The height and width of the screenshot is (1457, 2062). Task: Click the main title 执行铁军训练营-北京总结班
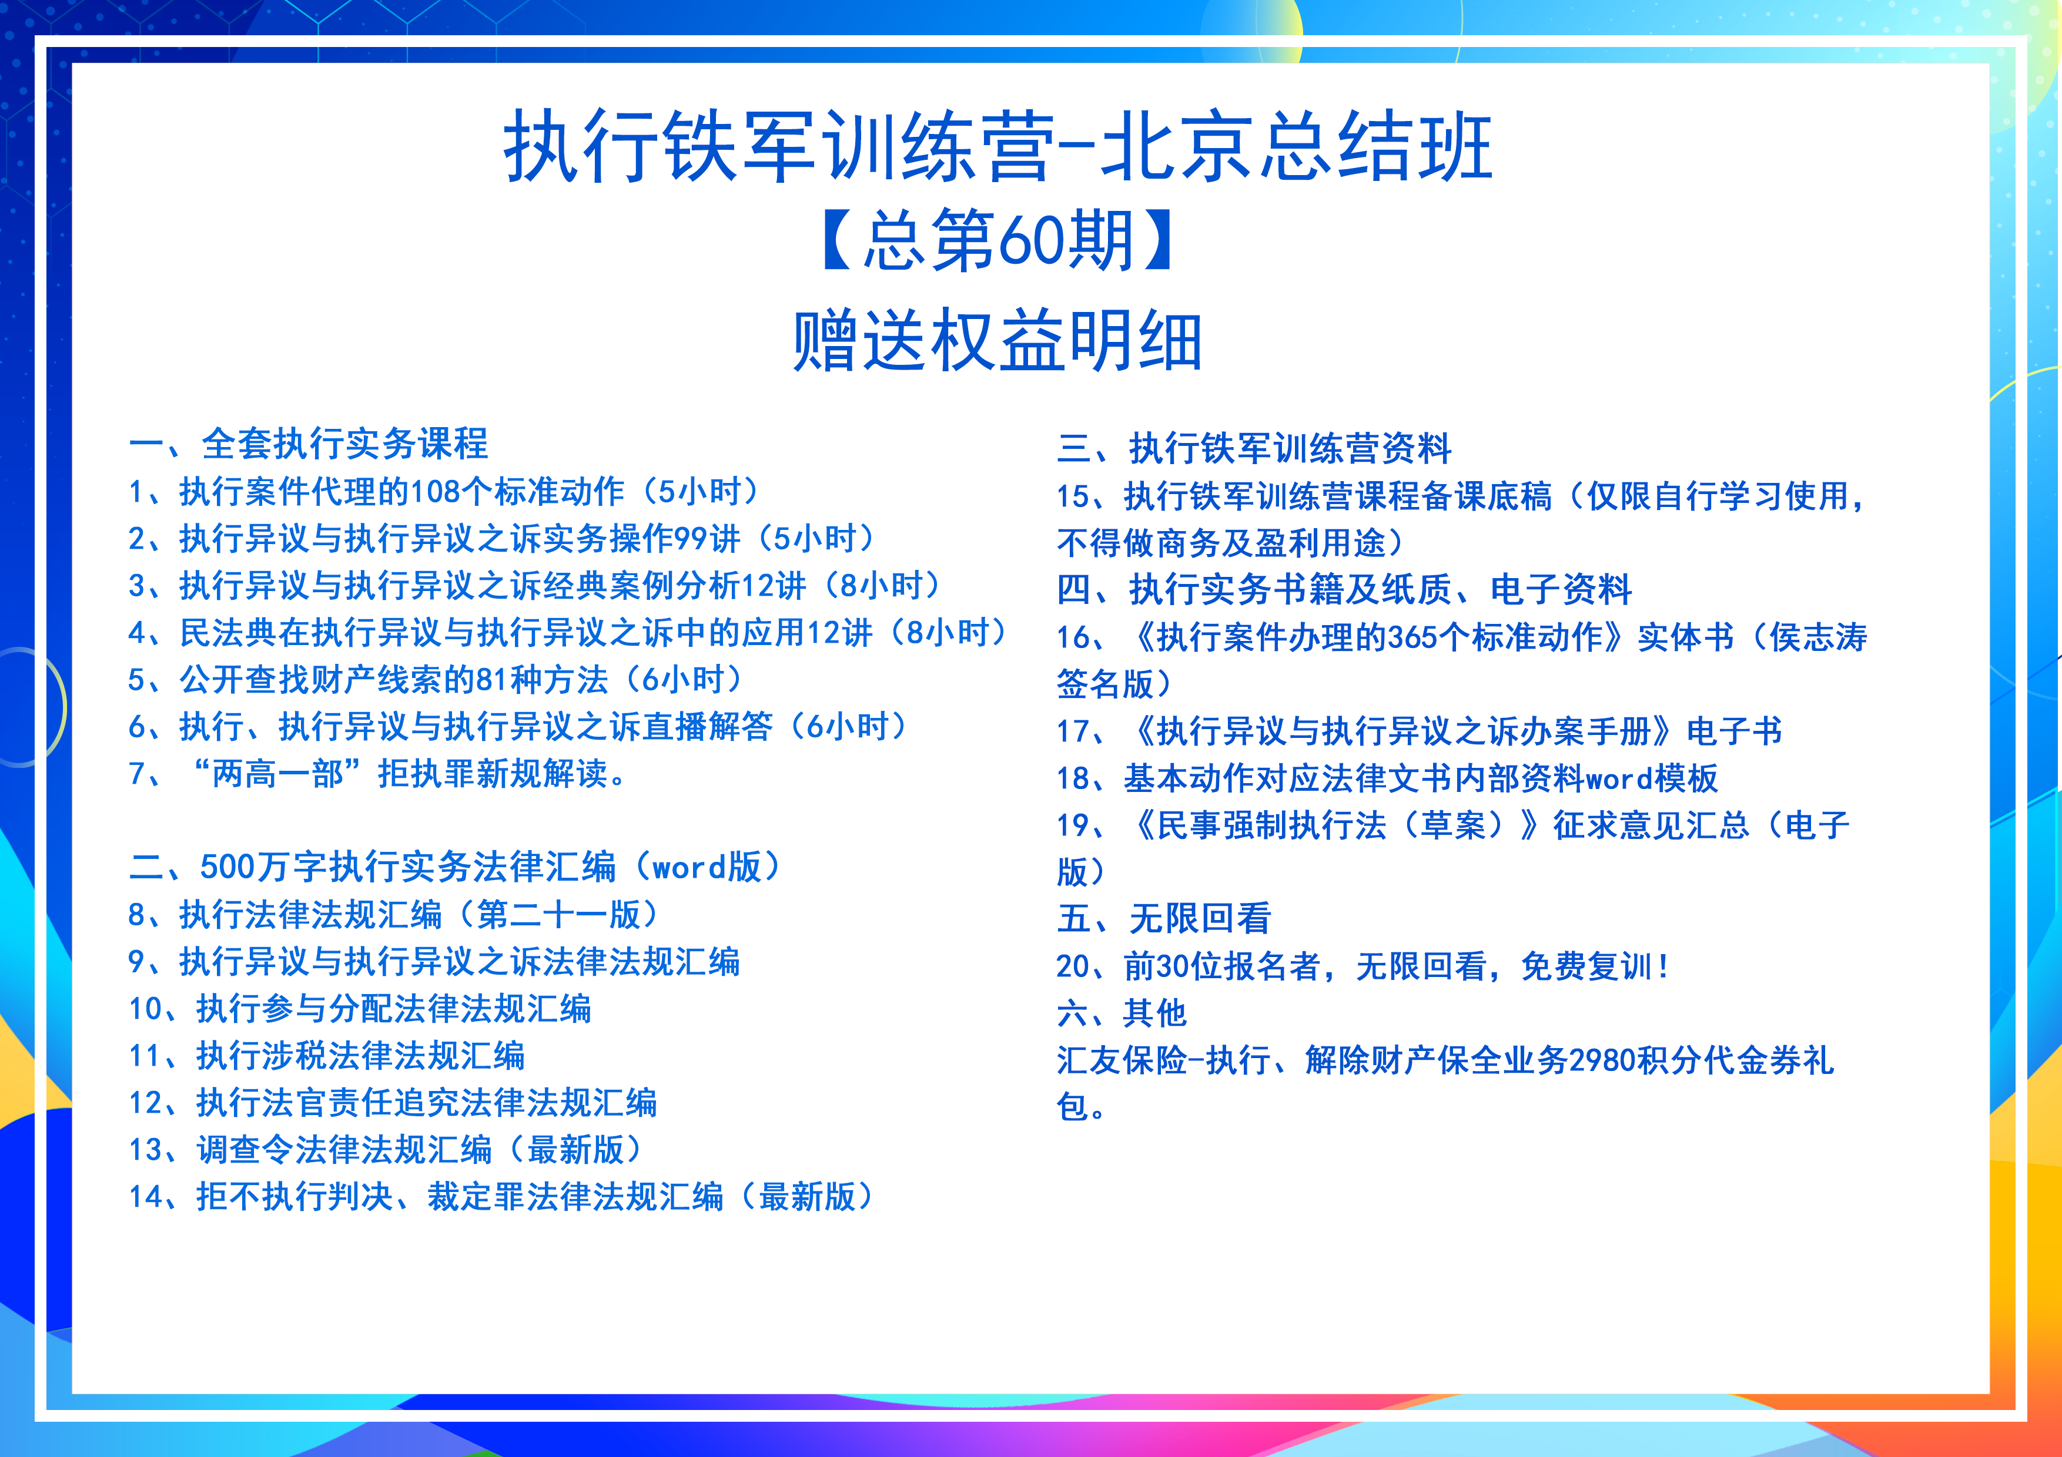pos(997,146)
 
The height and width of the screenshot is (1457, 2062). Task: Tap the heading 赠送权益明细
pos(997,340)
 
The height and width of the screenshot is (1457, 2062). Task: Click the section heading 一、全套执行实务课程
pos(308,444)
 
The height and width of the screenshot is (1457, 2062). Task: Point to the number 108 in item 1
pos(436,492)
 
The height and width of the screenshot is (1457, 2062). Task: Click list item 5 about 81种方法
pos(437,680)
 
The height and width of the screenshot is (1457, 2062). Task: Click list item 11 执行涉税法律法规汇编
pos(327,1056)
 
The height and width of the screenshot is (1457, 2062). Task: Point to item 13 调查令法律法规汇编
pos(387,1149)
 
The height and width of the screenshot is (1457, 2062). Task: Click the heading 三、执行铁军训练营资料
pos(1254,448)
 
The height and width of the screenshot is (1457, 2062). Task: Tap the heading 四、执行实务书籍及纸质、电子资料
pos(1344,589)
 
